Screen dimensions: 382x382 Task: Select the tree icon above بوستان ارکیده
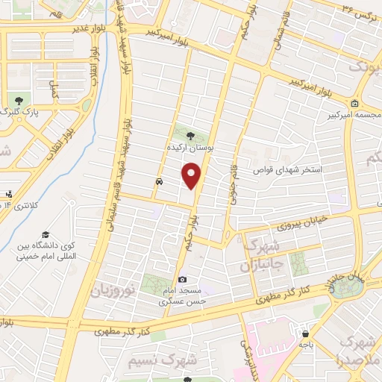190,136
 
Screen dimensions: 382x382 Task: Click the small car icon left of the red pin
160,181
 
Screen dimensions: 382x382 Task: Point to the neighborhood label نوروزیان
113,289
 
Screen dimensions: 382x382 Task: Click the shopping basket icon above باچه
305,333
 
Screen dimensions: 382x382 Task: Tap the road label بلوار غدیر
90,28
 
